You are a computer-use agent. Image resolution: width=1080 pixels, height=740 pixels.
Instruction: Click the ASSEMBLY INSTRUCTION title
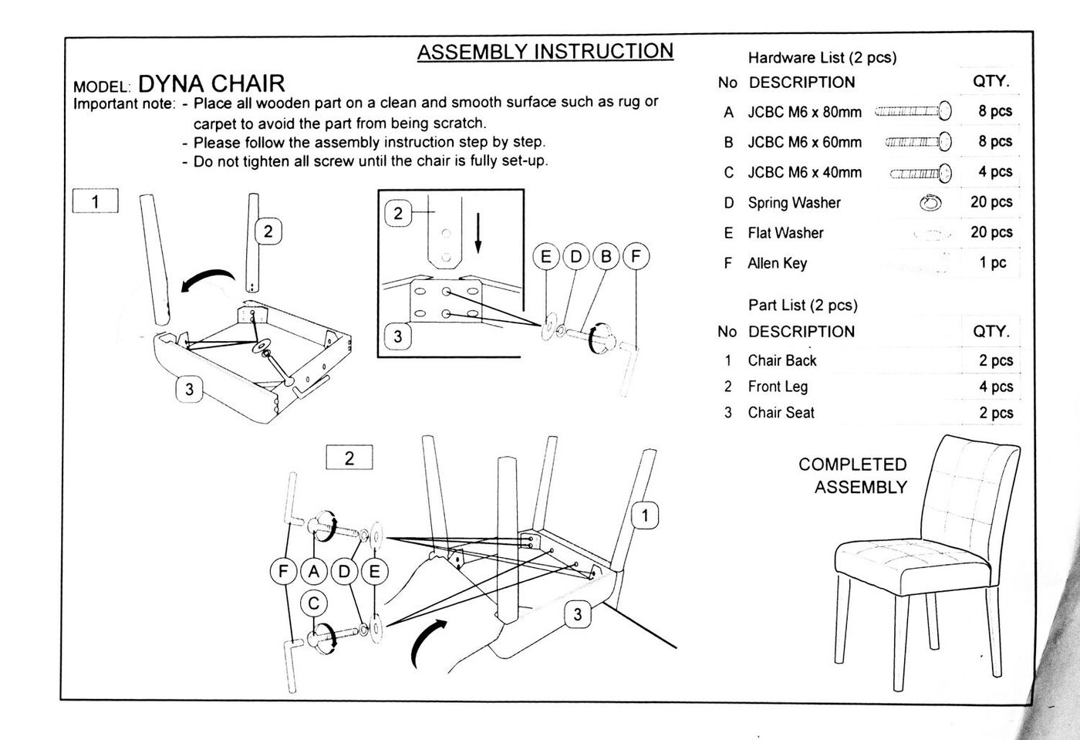[x=545, y=52]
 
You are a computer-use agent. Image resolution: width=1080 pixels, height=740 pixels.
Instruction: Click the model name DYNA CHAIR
[x=211, y=83]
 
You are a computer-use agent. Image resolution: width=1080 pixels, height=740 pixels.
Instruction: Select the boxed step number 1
[x=95, y=201]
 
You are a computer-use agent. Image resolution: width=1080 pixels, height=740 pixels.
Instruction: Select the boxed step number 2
[x=349, y=458]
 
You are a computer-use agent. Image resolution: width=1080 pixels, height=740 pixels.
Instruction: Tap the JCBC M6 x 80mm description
[x=805, y=112]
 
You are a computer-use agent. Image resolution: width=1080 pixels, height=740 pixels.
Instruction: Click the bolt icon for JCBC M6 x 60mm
[x=918, y=142]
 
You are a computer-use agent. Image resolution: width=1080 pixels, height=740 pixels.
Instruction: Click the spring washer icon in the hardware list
[x=931, y=203]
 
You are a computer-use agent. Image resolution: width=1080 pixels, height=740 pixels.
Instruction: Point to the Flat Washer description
[x=785, y=233]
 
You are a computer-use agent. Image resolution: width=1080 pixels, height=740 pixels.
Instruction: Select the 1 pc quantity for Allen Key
[x=993, y=263]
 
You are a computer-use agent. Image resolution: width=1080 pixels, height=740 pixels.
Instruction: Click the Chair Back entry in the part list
[x=781, y=360]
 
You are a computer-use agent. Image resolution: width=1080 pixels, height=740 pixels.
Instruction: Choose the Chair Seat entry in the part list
[x=781, y=413]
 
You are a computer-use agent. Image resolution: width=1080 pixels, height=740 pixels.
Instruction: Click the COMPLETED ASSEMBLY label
[x=854, y=475]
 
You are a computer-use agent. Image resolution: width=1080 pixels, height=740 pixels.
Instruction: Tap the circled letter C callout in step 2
[x=313, y=603]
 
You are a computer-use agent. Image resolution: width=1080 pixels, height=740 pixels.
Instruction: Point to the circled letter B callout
[x=606, y=256]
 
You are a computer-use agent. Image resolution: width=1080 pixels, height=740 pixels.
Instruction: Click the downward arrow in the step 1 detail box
[x=478, y=233]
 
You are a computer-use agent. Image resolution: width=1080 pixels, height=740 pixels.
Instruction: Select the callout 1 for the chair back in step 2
[x=645, y=515]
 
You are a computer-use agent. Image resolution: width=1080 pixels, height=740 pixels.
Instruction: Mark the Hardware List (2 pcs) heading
[x=822, y=58]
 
